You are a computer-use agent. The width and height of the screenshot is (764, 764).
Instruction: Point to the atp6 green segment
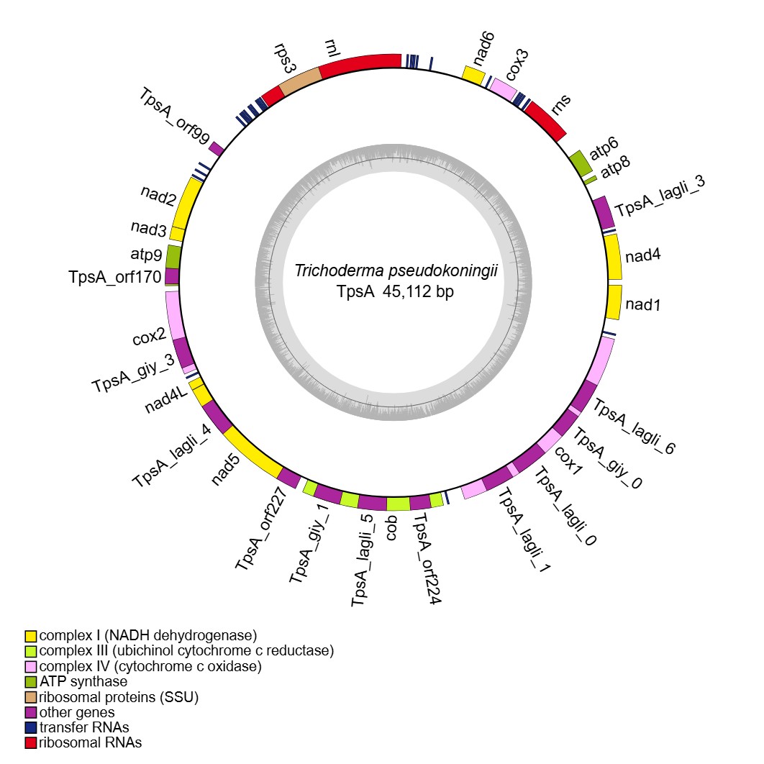click(580, 163)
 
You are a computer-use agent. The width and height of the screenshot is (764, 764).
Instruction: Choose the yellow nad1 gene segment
click(614, 302)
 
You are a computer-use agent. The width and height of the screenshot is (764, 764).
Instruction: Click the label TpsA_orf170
click(114, 277)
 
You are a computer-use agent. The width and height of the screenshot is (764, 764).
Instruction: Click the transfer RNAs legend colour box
click(31, 727)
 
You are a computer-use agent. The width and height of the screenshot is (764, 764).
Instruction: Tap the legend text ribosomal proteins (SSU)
click(119, 697)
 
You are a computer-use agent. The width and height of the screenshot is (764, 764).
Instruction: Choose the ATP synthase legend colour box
click(31, 682)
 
